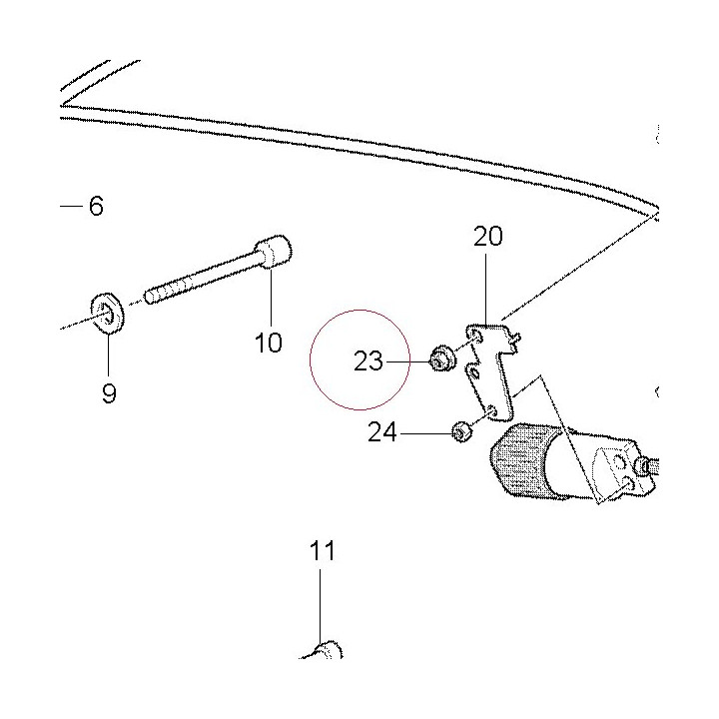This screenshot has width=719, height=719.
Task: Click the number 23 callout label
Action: pyautogui.click(x=367, y=361)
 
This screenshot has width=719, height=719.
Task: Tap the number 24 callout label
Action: pyautogui.click(x=381, y=432)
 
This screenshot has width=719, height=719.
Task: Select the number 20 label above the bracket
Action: pyautogui.click(x=488, y=236)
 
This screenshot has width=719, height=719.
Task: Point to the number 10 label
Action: pyautogui.click(x=269, y=343)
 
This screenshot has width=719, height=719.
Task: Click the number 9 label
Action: pyautogui.click(x=109, y=393)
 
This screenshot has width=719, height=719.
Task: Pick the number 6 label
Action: pyautogui.click(x=96, y=206)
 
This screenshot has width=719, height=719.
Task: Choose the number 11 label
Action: pyautogui.click(x=322, y=550)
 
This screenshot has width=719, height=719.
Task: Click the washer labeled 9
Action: pyautogui.click(x=107, y=312)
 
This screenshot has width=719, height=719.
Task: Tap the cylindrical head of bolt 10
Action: pyautogui.click(x=274, y=251)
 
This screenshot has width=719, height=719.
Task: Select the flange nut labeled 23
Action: pyautogui.click(x=441, y=359)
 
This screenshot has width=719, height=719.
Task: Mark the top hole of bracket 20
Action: pyautogui.click(x=477, y=338)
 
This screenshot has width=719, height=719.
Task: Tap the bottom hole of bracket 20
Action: pyautogui.click(x=492, y=410)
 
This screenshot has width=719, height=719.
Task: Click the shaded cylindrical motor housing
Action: pyautogui.click(x=525, y=461)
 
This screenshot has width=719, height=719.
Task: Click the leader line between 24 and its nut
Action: pyautogui.click(x=425, y=432)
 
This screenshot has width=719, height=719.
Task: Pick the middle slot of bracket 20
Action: pyautogui.click(x=475, y=372)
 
